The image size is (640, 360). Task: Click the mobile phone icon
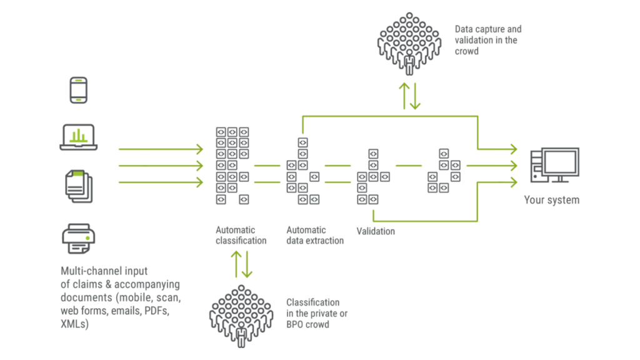pyautogui.click(x=78, y=90)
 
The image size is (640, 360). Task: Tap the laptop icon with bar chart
pyautogui.click(x=78, y=137)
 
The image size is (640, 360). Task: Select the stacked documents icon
pyautogui.click(x=79, y=186)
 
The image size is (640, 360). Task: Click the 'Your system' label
pyautogui.click(x=551, y=201)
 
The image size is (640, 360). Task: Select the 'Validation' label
pyautogui.click(x=376, y=231)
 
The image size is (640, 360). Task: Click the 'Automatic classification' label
pyautogui.click(x=241, y=235)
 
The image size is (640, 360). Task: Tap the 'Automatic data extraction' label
pyautogui.click(x=315, y=235)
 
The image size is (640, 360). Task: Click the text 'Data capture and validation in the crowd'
pyautogui.click(x=487, y=40)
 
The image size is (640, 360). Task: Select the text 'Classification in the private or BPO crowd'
pyautogui.click(x=317, y=313)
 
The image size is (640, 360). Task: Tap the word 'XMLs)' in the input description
pyautogui.click(x=74, y=324)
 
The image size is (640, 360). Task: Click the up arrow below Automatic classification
pyautogui.click(x=236, y=264)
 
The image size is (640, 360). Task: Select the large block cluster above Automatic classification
pyautogui.click(x=232, y=166)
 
